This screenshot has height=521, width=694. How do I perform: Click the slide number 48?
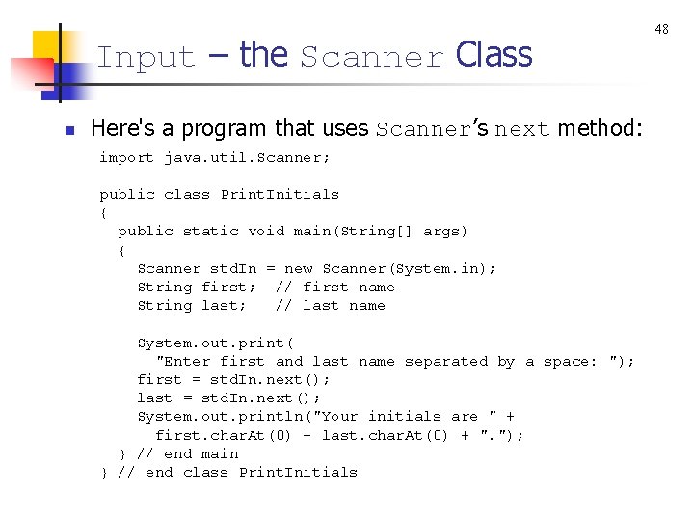[x=661, y=29]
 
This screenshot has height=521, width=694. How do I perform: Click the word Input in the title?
[x=146, y=58]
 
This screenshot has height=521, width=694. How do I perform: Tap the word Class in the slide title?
[x=494, y=56]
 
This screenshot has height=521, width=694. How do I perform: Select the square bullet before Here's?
[x=68, y=130]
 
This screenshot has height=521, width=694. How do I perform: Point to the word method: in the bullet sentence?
[x=600, y=128]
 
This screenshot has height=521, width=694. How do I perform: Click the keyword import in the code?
[x=126, y=157]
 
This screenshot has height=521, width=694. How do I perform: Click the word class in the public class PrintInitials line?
[x=187, y=194]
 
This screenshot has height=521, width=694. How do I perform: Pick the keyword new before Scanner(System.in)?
[x=298, y=268]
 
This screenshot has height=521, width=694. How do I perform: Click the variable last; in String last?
[x=224, y=305]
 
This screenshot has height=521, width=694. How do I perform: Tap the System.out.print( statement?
[x=215, y=343]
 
